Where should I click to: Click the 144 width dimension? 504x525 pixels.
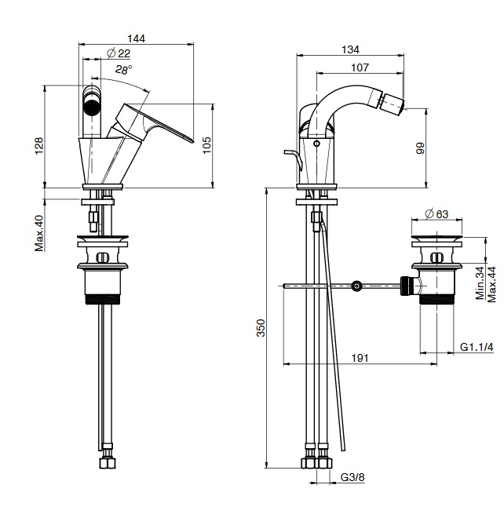coord(138,38)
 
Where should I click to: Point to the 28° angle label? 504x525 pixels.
coord(123,69)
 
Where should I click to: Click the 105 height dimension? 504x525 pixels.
coord(207,145)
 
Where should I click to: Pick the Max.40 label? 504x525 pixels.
coord(38,234)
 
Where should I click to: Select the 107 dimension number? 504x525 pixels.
coord(360,67)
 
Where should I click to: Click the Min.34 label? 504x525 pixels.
coord(479,283)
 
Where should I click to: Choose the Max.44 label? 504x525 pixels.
coord(491,283)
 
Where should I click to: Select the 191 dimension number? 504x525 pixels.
coord(360,357)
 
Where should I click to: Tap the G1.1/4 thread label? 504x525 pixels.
coord(477,347)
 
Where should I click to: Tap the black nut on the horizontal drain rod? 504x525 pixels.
coord(407,285)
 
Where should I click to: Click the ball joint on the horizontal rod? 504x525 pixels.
coord(357,286)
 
